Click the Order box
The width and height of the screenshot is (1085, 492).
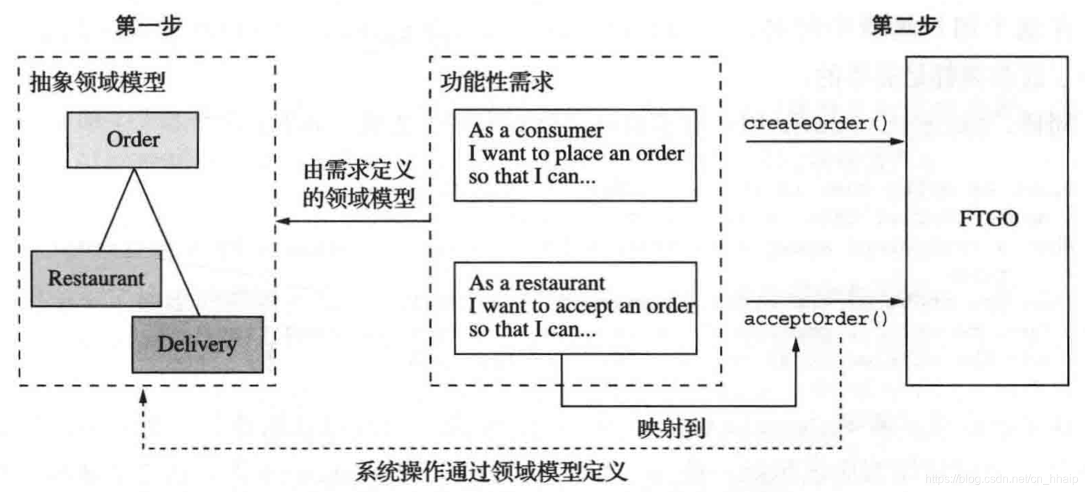point(133,139)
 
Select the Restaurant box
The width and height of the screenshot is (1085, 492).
point(96,278)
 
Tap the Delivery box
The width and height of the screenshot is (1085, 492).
point(197,343)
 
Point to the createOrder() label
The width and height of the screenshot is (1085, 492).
point(816,123)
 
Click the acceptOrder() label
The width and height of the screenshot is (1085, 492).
point(816,319)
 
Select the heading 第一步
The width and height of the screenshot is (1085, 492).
point(148,27)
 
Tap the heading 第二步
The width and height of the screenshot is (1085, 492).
point(904,27)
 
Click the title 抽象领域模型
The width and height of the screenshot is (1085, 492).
point(97,82)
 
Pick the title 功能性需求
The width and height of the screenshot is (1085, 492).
point(497,81)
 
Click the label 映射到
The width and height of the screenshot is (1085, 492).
point(672,428)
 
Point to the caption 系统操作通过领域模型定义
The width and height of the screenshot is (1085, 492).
point(491,472)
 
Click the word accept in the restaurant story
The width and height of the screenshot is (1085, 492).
point(583,306)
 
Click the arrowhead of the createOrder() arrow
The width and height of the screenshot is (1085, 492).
point(896,141)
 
